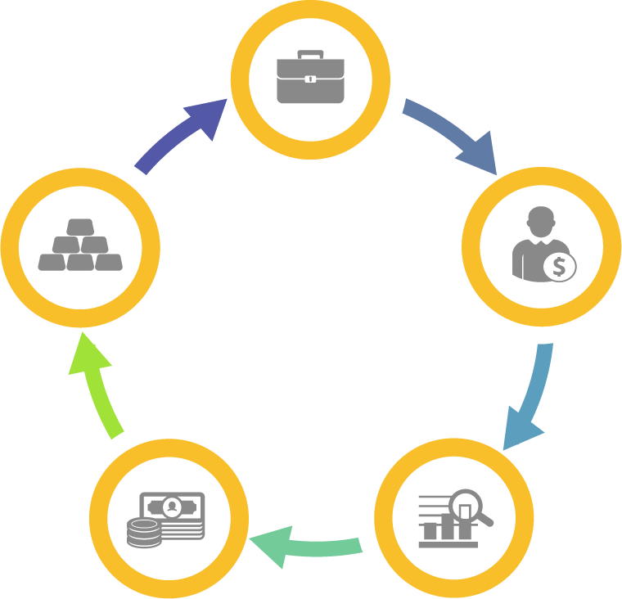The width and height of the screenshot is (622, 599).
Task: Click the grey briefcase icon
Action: pos(310,79)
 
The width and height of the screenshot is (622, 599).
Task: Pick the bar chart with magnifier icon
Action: pos(454,518)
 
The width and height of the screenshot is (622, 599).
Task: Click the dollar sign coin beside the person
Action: pos(560,266)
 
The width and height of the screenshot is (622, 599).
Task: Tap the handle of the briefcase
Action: pos(310,55)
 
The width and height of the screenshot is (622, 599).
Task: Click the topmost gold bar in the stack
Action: pos(80,225)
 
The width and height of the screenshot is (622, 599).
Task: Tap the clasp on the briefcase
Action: pos(310,79)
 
